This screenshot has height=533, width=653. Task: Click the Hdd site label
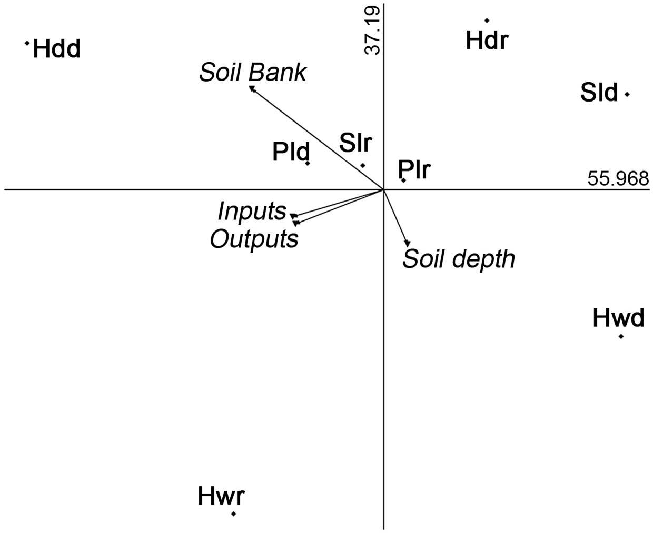pos(56,49)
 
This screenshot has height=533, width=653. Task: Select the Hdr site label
pos(487,40)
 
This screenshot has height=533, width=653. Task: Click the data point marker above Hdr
pos(487,21)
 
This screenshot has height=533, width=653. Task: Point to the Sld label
pos(599,93)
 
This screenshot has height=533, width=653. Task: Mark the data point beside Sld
pos(627,95)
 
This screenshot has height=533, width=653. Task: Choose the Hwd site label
pos(618,318)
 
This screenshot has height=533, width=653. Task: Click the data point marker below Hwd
pos(621,336)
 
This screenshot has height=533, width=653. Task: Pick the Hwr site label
pos(221,496)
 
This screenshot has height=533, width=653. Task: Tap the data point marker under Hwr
pos(233,514)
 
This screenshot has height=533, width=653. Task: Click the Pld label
pos(291,152)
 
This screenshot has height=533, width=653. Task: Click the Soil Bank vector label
pos(252,73)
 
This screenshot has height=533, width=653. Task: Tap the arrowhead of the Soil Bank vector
pos(251,87)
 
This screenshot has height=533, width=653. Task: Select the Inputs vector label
pos(252,211)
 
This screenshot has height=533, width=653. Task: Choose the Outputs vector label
pos(254,238)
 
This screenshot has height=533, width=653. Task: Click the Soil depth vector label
pos(458,258)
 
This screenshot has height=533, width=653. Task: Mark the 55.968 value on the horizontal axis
pos(618,179)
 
